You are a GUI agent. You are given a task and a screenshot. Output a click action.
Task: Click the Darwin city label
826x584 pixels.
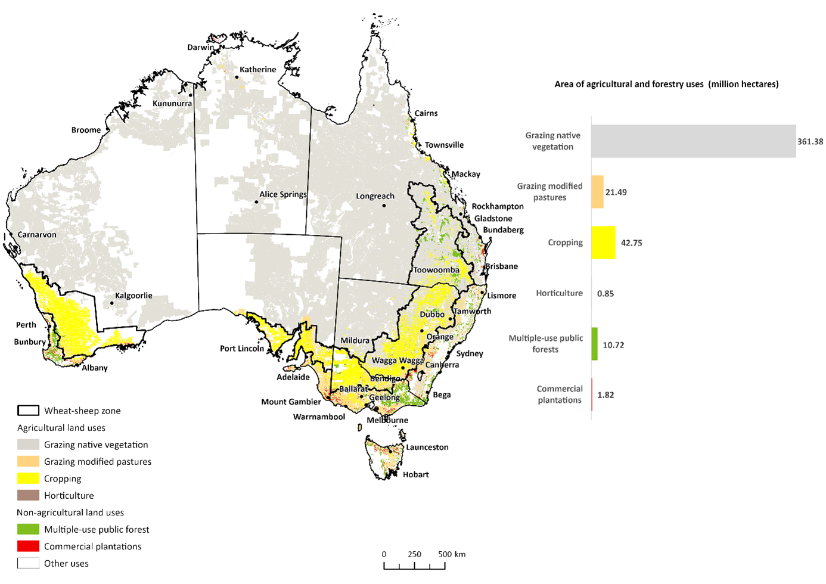click(200, 48)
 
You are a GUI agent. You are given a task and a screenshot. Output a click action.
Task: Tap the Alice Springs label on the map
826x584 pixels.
click(283, 194)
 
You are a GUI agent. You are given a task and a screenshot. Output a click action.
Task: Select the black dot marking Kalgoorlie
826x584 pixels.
click(111, 303)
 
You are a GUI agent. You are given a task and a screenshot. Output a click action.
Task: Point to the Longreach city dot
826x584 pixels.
click(384, 206)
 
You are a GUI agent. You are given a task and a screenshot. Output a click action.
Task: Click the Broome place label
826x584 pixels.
click(86, 130)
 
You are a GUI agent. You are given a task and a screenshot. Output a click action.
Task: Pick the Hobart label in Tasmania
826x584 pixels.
click(415, 474)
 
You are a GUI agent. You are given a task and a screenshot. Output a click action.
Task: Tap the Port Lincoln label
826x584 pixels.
click(241, 349)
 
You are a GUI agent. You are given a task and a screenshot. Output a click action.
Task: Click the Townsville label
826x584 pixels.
click(444, 145)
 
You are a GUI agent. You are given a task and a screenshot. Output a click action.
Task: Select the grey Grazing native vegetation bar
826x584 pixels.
click(693, 141)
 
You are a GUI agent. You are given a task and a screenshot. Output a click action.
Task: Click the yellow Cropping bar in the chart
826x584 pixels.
click(603, 243)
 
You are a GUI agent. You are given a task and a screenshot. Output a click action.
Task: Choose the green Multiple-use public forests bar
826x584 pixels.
click(594, 344)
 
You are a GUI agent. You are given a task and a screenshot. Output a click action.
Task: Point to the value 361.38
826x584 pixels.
click(810, 142)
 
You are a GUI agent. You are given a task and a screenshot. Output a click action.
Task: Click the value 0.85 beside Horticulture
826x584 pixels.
click(605, 294)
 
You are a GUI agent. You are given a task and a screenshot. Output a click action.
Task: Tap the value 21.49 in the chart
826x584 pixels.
click(616, 192)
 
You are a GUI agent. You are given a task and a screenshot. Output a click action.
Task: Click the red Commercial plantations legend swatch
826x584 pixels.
click(28, 546)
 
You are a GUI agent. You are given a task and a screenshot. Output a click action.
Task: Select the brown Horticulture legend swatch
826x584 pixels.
click(28, 495)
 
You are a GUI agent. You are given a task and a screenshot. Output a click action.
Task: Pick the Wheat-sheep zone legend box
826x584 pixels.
click(28, 411)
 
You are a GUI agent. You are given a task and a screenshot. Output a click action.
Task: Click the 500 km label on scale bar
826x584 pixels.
click(452, 554)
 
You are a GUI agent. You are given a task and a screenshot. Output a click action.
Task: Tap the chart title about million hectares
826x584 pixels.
click(666, 84)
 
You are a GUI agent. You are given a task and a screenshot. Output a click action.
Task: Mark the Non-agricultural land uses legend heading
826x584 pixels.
click(70, 512)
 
